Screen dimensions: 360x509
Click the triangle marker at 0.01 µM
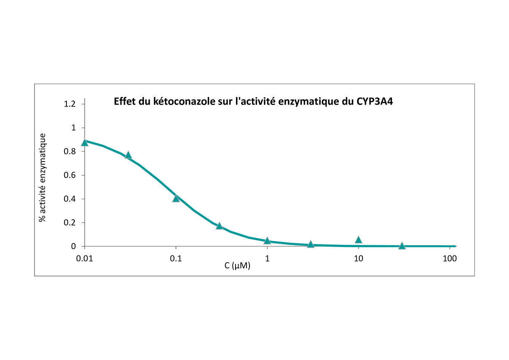(85, 143)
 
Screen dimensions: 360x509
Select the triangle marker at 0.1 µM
(176, 198)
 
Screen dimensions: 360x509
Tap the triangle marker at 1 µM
(267, 241)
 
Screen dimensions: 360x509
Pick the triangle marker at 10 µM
(358, 239)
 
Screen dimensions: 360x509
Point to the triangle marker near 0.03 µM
(128, 155)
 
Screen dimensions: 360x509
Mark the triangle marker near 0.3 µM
(219, 226)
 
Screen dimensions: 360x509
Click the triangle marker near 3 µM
(310, 244)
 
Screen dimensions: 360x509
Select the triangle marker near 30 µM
(402, 246)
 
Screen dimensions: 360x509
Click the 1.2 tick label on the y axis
(70, 104)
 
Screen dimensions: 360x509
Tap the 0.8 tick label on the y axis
(70, 152)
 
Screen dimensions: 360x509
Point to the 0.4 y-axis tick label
(70, 199)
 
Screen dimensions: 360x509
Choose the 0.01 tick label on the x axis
(85, 259)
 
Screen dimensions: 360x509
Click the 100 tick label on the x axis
(450, 259)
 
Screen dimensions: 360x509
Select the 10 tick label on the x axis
(358, 259)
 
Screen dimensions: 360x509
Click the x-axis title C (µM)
(237, 266)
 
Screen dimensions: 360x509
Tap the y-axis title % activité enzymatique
(43, 178)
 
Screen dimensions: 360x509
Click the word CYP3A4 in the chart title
(375, 101)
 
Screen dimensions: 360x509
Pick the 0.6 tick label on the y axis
(70, 175)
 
